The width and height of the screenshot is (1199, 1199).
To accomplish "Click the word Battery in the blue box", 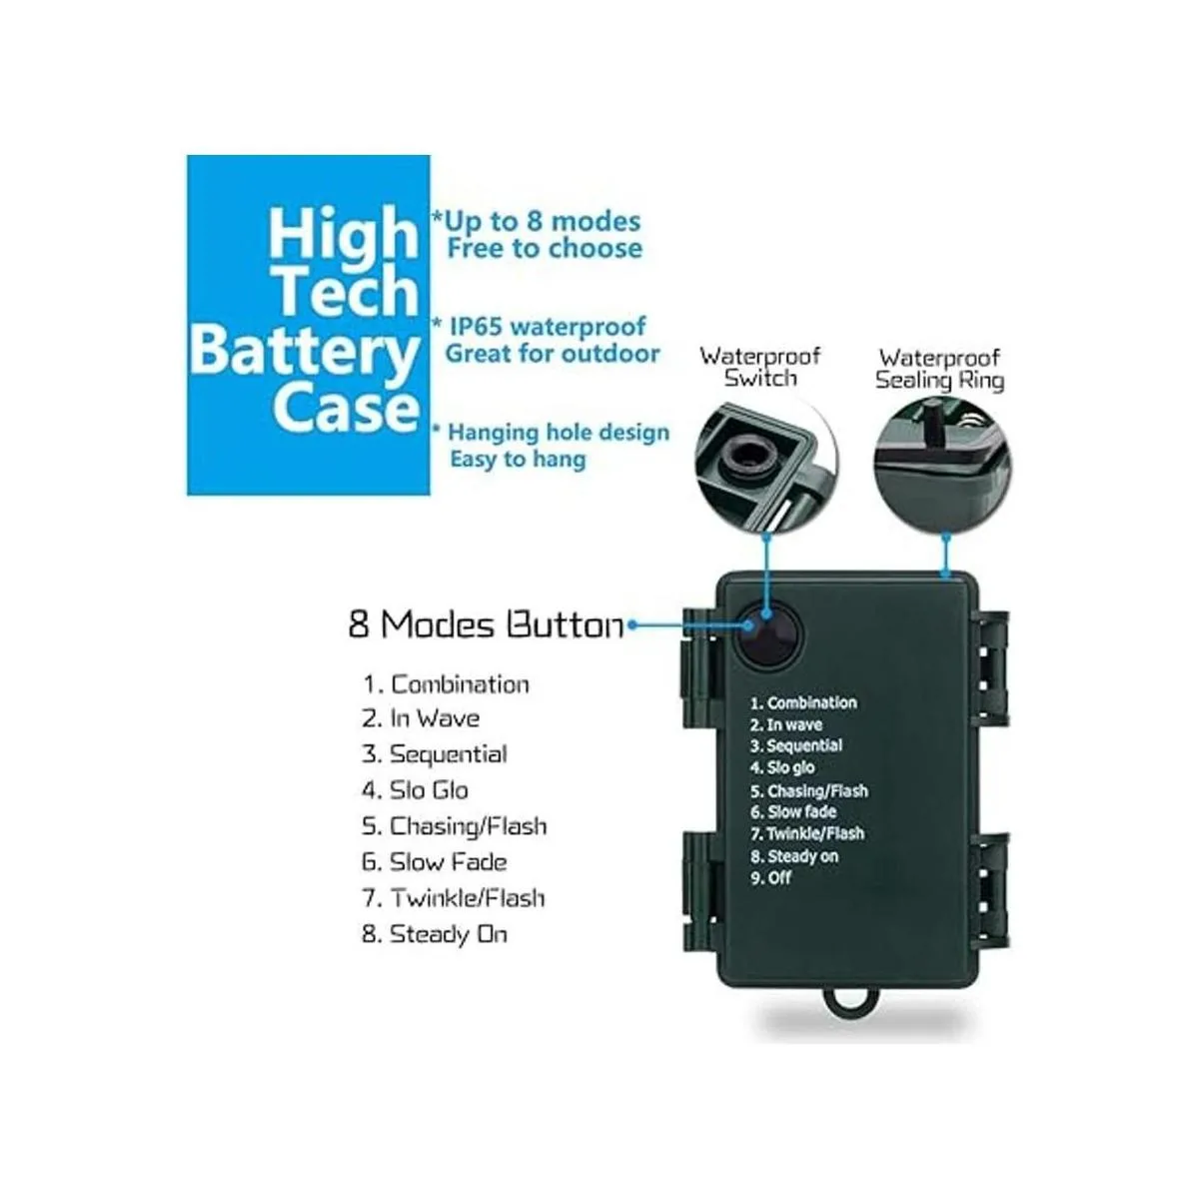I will (x=304, y=352).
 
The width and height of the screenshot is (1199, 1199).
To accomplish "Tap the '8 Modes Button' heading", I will (x=486, y=624).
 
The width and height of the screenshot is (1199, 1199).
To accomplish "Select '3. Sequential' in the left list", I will (x=435, y=754).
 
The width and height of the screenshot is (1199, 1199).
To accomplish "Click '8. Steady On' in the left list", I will (x=435, y=934).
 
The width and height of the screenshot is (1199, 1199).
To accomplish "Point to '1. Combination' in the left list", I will (x=446, y=684).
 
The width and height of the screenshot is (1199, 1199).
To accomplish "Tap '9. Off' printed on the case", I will (x=771, y=878).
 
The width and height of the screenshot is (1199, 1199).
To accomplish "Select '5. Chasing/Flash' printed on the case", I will (x=809, y=790).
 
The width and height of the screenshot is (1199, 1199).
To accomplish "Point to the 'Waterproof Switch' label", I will (x=760, y=367).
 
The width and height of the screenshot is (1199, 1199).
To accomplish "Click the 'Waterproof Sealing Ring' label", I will (x=940, y=368).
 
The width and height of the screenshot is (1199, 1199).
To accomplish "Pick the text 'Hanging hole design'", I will (x=558, y=433).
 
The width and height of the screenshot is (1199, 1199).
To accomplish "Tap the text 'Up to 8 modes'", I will (x=542, y=221).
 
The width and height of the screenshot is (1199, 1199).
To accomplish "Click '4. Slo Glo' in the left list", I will (x=415, y=790).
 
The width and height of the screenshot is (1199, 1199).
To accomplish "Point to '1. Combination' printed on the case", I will (x=803, y=702).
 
